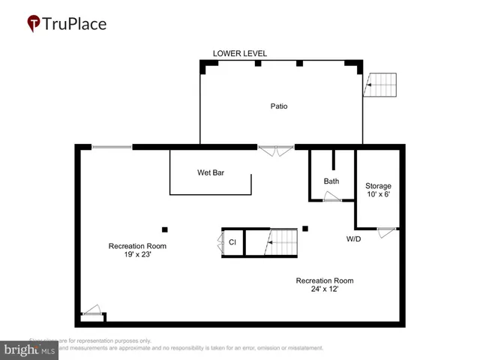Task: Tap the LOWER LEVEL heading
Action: [x=240, y=53]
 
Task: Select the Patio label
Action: [x=279, y=106]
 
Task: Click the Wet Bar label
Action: [x=211, y=172]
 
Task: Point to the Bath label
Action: [x=331, y=181]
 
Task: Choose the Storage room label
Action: [x=378, y=185]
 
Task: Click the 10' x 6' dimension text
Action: [x=378, y=195]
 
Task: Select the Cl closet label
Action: [x=232, y=242]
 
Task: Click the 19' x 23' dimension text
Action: [x=137, y=255]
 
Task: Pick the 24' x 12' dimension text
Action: [x=324, y=289]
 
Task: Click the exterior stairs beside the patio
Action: [x=380, y=85]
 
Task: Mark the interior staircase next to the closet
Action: [x=283, y=241]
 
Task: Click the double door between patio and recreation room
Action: [x=276, y=150]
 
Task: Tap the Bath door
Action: [x=331, y=197]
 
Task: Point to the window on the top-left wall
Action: [x=112, y=147]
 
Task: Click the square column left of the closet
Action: [x=165, y=229]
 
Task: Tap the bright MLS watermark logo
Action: [x=30, y=350]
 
